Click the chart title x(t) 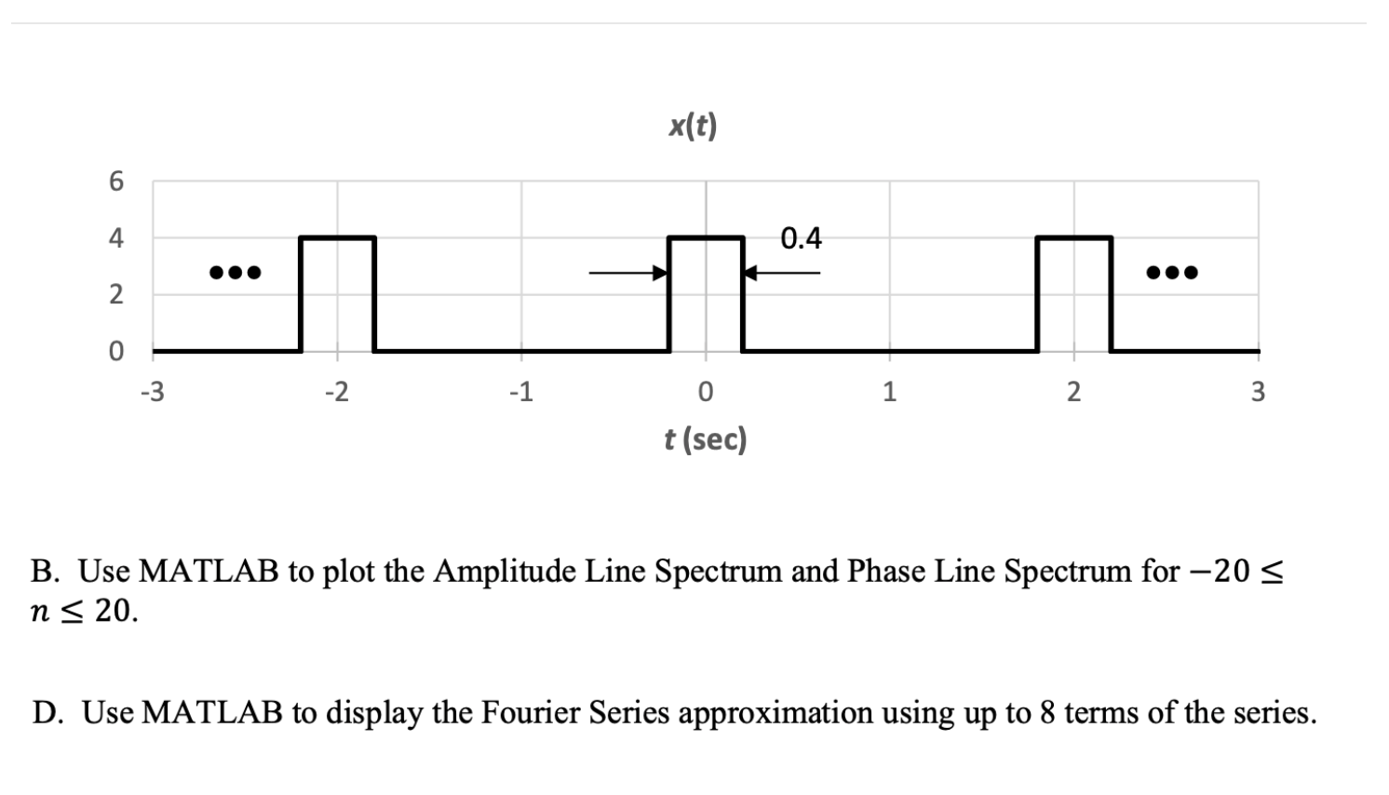click(x=693, y=126)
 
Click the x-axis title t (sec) click(x=706, y=438)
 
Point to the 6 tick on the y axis click(x=115, y=182)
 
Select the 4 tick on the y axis click(x=115, y=238)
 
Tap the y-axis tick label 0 click(x=115, y=352)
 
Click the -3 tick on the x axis click(x=152, y=392)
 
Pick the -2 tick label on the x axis click(x=336, y=392)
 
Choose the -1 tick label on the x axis click(x=520, y=392)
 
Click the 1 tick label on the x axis click(x=889, y=392)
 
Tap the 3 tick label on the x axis click(x=1258, y=392)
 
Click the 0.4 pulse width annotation click(x=801, y=239)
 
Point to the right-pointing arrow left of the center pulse click(x=628, y=273)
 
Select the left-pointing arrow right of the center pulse click(x=782, y=273)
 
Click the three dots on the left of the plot click(x=235, y=273)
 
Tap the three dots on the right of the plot click(x=1172, y=273)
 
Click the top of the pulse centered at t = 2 click(x=1073, y=238)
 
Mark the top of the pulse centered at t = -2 click(x=337, y=238)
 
